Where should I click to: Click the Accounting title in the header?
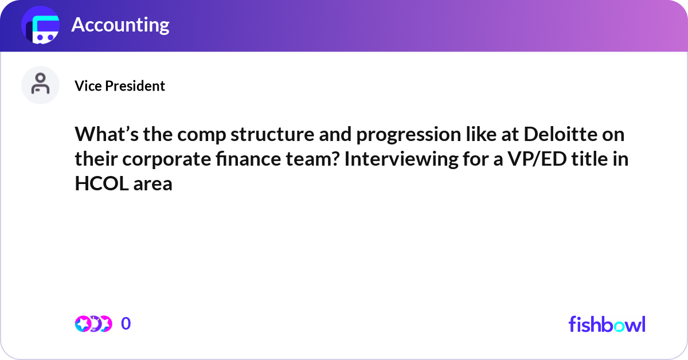point(120,25)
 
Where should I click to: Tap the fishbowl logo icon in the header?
point(41,26)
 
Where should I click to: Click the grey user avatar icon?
point(40,85)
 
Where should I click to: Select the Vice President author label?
point(120,86)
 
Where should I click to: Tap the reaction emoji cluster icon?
point(93,324)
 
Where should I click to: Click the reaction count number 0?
point(126,324)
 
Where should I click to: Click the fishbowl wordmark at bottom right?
point(607,324)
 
